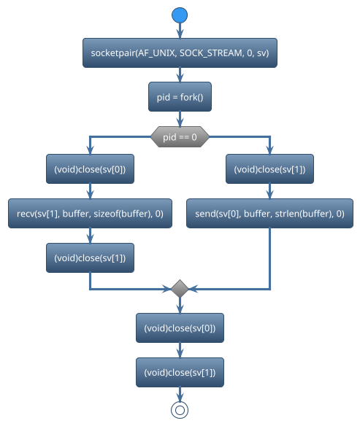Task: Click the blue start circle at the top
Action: [x=180, y=15]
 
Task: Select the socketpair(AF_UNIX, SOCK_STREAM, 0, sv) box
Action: [x=180, y=53]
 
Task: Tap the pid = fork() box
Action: [x=180, y=96]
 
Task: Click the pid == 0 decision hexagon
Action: [x=180, y=136]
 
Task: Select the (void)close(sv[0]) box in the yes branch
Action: [x=90, y=169]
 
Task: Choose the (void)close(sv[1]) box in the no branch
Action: [x=269, y=169]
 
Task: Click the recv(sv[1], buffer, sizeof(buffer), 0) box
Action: [x=90, y=214]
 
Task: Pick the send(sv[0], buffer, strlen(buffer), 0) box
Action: [x=269, y=214]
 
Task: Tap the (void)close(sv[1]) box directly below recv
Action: [x=90, y=257]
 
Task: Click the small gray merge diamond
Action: [x=180, y=289]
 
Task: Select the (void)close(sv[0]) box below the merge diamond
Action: [x=180, y=328]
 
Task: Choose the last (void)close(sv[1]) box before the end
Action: [x=180, y=372]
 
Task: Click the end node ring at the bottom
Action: [x=180, y=409]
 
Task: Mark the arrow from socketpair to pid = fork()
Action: [x=180, y=75]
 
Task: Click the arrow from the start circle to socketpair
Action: [x=180, y=31]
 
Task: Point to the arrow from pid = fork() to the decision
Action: [x=180, y=118]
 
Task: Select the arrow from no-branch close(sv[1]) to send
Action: [x=269, y=191]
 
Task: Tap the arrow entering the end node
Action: [x=180, y=393]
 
